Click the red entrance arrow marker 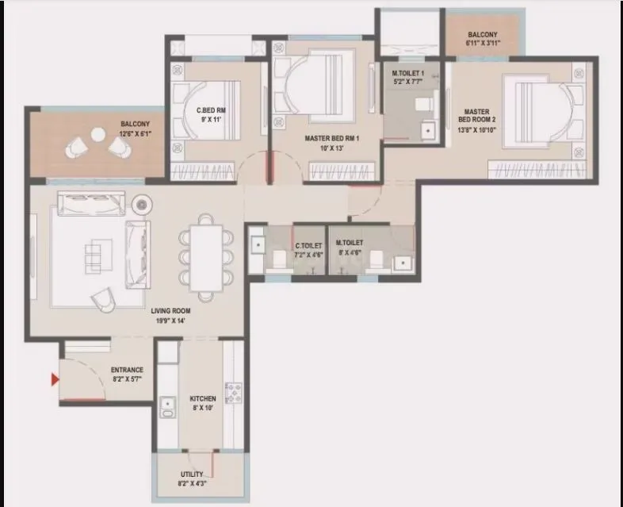(x=55, y=380)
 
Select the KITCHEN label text (x=202, y=403)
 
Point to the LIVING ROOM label (x=172, y=317)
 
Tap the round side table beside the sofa (x=142, y=204)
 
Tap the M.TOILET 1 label (x=408, y=76)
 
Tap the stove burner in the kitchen (x=234, y=393)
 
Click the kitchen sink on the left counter (x=167, y=407)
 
